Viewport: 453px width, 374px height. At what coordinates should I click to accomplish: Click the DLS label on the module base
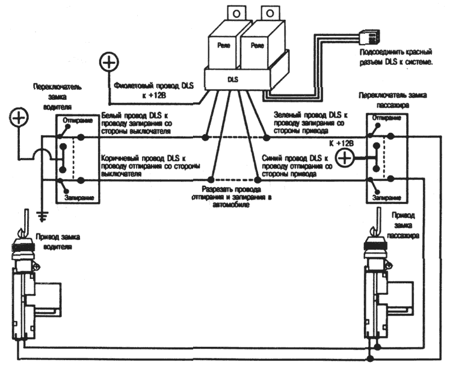coord(233,80)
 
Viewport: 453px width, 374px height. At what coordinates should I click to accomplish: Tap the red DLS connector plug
coord(369,37)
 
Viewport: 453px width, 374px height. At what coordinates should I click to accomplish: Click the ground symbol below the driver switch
coord(43,215)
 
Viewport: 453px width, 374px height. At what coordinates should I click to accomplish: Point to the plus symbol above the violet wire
coord(109,62)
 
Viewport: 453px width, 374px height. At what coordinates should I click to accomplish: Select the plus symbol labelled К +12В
coord(344,158)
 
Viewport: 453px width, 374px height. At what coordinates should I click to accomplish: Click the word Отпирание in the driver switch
coord(78,120)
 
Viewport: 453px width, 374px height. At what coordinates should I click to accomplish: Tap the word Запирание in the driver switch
coord(79,198)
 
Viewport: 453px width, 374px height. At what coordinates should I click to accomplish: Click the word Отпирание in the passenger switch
coord(387,118)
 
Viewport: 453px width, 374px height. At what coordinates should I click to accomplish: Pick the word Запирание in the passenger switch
coord(387,198)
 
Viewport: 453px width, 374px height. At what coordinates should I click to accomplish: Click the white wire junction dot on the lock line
coord(205,138)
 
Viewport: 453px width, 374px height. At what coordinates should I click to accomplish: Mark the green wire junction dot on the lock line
coord(267,138)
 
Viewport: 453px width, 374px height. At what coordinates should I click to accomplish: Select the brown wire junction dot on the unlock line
coord(212,180)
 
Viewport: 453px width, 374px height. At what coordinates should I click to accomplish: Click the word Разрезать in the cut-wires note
coord(215,189)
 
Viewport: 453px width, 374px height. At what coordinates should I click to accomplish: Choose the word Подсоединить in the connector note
coord(378,52)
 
